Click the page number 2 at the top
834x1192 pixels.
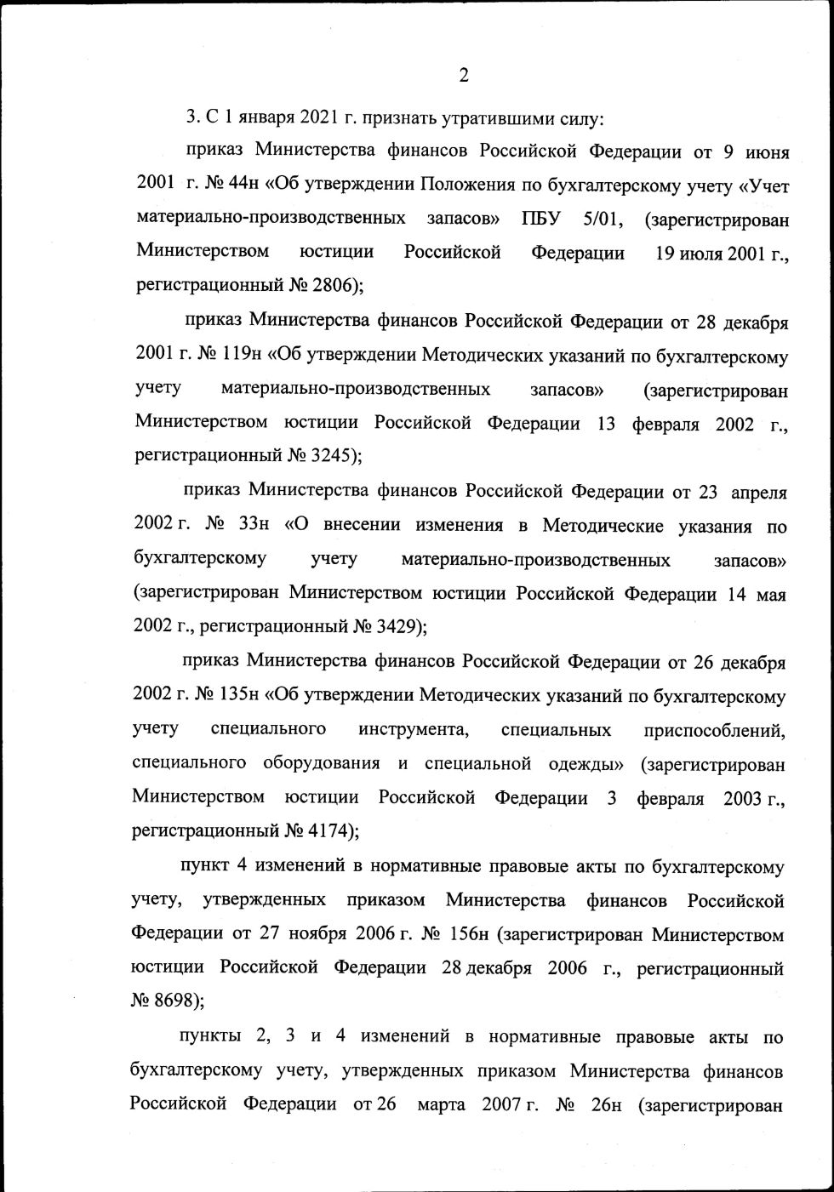click(x=464, y=76)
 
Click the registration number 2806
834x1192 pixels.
click(x=336, y=286)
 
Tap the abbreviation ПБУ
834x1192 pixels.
click(x=541, y=219)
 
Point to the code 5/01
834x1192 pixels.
click(x=603, y=219)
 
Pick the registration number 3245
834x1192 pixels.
click(x=334, y=455)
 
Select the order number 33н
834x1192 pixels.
click(x=254, y=525)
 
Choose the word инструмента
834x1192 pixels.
click(x=413, y=729)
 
